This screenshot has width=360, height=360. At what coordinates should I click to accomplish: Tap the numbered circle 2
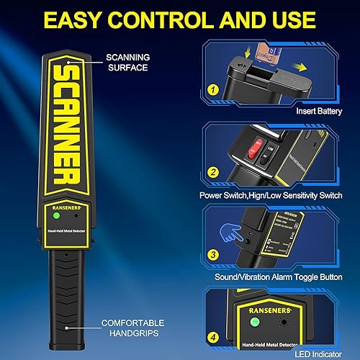point(213,173)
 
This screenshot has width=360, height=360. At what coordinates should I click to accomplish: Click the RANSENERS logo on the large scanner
point(66,204)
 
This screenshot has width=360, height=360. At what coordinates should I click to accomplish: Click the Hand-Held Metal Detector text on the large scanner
point(65,230)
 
